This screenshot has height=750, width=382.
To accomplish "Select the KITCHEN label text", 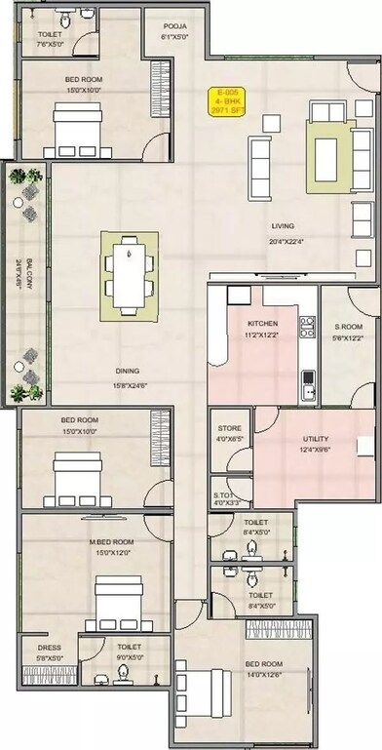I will coord(262,323).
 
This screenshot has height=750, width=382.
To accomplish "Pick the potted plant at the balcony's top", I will coord(22,178).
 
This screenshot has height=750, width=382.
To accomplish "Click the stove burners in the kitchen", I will coord(307,327).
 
